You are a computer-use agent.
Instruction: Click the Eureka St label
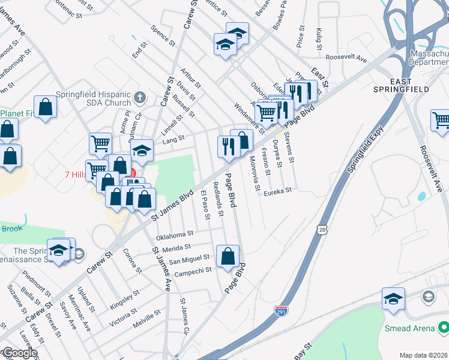click(278, 190)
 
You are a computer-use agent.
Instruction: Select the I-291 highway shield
click(281, 311)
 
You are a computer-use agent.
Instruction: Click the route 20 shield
click(323, 230)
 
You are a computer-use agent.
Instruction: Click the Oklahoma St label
click(175, 233)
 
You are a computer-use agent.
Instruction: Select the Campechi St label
click(190, 270)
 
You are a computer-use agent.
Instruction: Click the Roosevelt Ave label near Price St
click(346, 58)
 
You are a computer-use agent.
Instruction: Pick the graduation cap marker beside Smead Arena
click(393, 299)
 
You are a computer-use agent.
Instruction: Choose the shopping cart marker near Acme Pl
click(100, 143)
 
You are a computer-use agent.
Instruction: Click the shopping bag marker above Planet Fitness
click(46, 107)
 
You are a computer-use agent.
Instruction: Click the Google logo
click(19, 353)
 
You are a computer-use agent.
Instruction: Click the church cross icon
click(139, 96)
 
